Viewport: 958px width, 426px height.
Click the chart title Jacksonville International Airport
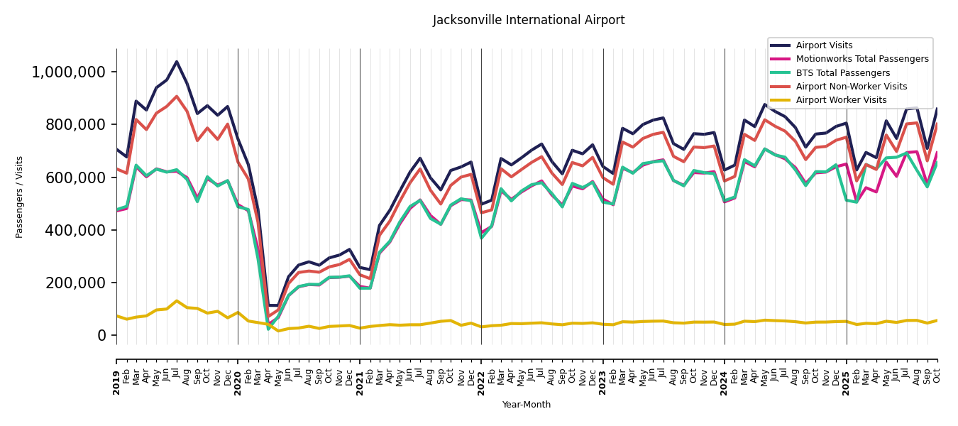click(x=529, y=21)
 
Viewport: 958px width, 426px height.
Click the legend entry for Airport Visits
click(x=824, y=45)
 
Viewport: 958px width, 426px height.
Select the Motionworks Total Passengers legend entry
click(x=861, y=59)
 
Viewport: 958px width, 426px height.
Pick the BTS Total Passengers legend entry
click(x=842, y=73)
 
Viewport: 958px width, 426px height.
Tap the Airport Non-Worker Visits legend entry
click(x=851, y=87)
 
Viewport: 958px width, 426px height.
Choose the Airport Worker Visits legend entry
click(x=841, y=100)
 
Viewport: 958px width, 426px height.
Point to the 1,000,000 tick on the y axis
click(x=69, y=72)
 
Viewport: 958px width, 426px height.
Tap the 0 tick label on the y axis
click(x=102, y=335)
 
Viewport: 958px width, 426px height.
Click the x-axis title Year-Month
click(x=527, y=405)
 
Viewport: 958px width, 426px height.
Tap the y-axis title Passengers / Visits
click(x=20, y=197)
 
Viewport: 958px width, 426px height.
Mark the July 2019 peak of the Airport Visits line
click(x=177, y=62)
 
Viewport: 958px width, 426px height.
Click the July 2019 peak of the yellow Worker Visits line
click(x=177, y=301)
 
